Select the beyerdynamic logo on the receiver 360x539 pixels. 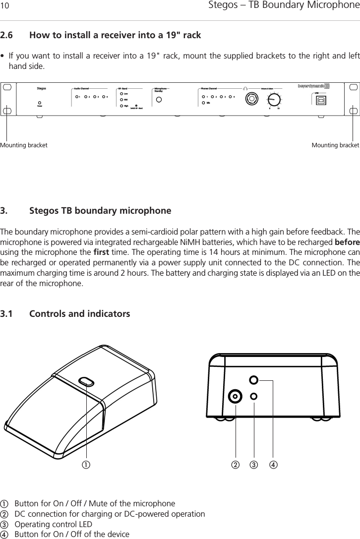[x=313, y=86]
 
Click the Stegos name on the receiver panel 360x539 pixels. [x=42, y=89]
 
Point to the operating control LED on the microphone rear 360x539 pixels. [x=254, y=396]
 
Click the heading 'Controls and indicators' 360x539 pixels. [x=80, y=314]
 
